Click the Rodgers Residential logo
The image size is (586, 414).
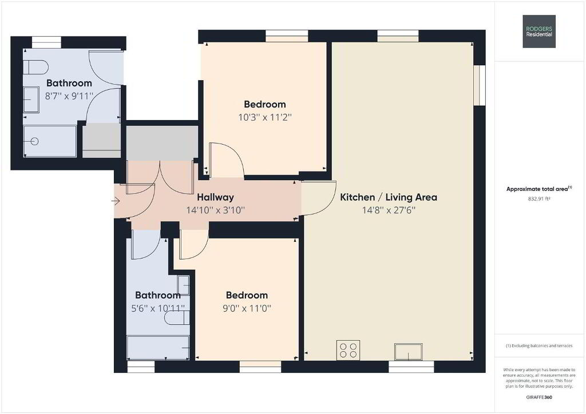pos(539,31)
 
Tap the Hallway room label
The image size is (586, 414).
pos(215,197)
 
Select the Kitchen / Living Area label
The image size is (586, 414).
pos(389,197)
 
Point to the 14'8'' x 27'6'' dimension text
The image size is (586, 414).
pos(389,210)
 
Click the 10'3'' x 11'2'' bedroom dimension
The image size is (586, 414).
pos(265,117)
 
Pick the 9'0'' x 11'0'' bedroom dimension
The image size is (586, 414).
pos(247,308)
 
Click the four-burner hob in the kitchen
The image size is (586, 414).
pos(349,350)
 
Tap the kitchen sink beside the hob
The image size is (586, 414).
pos(409,352)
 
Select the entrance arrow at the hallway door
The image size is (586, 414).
pos(115,202)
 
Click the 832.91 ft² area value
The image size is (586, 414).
pos(539,199)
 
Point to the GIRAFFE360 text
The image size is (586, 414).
pos(539,397)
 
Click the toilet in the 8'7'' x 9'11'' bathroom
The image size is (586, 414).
pos(36,67)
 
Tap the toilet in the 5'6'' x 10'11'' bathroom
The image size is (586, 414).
pos(177,318)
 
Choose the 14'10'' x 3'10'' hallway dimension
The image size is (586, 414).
pos(216,210)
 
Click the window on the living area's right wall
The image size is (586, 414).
pos(480,86)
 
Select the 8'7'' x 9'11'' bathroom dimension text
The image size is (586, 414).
pos(69,96)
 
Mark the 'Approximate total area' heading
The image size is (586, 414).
pos(539,189)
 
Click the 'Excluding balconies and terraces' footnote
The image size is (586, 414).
pos(539,346)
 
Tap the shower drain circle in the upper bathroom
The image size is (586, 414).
pos(34,141)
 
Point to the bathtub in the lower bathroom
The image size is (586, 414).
pos(158,348)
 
